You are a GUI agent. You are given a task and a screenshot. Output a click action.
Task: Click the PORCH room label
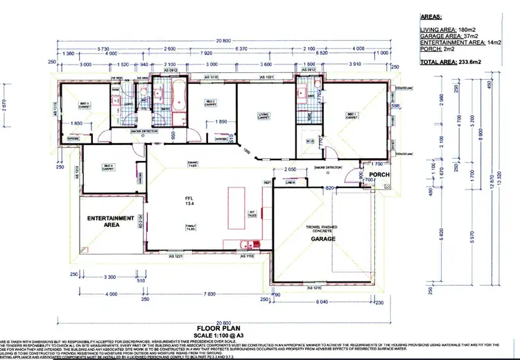click(x=378, y=175)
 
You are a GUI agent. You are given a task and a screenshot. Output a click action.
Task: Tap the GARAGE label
click(x=323, y=239)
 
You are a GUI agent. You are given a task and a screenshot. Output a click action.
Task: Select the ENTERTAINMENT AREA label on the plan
click(x=110, y=221)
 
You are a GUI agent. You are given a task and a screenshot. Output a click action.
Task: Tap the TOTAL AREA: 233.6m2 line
click(x=450, y=62)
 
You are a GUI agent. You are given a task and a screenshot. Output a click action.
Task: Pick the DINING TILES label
click(x=193, y=164)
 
